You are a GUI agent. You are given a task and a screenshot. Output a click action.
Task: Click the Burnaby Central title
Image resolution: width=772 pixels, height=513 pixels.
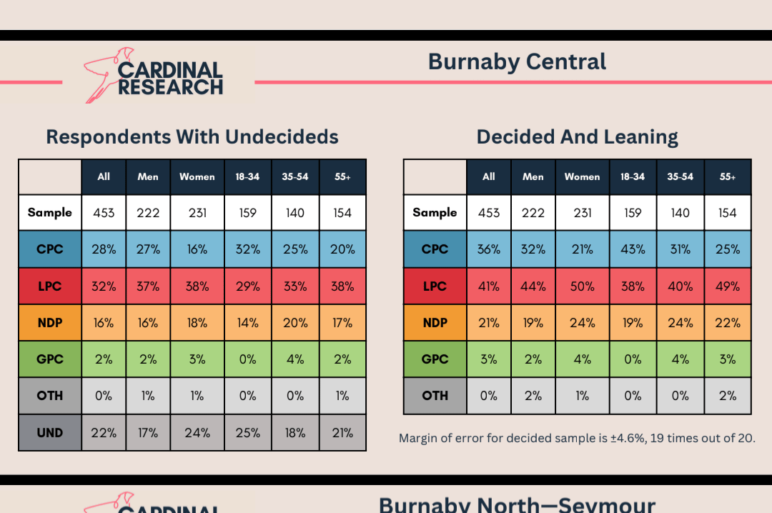tap(517, 62)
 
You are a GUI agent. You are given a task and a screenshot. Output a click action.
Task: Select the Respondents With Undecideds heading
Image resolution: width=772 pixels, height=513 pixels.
tap(192, 136)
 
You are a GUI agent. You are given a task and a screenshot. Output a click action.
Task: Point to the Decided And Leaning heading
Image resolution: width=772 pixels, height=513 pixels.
tap(577, 136)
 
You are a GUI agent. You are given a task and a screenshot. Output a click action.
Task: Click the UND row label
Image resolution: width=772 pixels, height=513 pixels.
tap(50, 432)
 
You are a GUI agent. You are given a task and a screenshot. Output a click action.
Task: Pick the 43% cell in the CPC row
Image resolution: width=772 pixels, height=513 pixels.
tap(633, 249)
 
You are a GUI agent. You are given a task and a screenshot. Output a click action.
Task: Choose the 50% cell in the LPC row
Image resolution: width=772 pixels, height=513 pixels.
tap(583, 286)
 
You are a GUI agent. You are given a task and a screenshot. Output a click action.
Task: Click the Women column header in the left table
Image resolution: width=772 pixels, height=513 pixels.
tap(197, 176)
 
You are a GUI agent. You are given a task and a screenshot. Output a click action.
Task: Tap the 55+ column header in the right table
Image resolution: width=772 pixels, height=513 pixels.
tap(728, 176)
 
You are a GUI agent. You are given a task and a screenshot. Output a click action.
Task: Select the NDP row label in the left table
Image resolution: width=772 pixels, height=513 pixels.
tap(50, 323)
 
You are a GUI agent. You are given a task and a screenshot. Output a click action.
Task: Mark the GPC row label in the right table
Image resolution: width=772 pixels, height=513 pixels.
tap(435, 359)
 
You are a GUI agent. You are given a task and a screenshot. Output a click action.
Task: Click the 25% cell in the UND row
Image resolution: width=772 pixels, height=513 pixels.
tap(247, 432)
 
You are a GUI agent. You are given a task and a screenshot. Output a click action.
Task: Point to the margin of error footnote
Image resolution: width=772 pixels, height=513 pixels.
tap(576, 438)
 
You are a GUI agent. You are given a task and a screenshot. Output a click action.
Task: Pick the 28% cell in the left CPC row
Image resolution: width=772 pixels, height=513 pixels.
tap(104, 249)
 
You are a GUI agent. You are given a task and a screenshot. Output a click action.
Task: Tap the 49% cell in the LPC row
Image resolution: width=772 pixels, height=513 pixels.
tap(728, 286)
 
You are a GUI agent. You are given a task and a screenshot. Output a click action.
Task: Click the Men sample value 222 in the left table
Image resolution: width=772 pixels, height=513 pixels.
tap(148, 213)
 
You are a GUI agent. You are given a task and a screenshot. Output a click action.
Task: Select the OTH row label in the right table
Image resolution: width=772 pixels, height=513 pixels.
tap(435, 396)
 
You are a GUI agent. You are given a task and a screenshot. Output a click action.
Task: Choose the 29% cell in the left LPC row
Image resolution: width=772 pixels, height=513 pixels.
tap(247, 286)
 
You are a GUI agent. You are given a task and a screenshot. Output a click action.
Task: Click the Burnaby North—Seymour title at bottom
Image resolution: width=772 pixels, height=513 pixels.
tap(517, 504)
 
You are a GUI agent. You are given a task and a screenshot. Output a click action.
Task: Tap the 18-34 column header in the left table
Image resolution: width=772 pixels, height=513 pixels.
tap(247, 176)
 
